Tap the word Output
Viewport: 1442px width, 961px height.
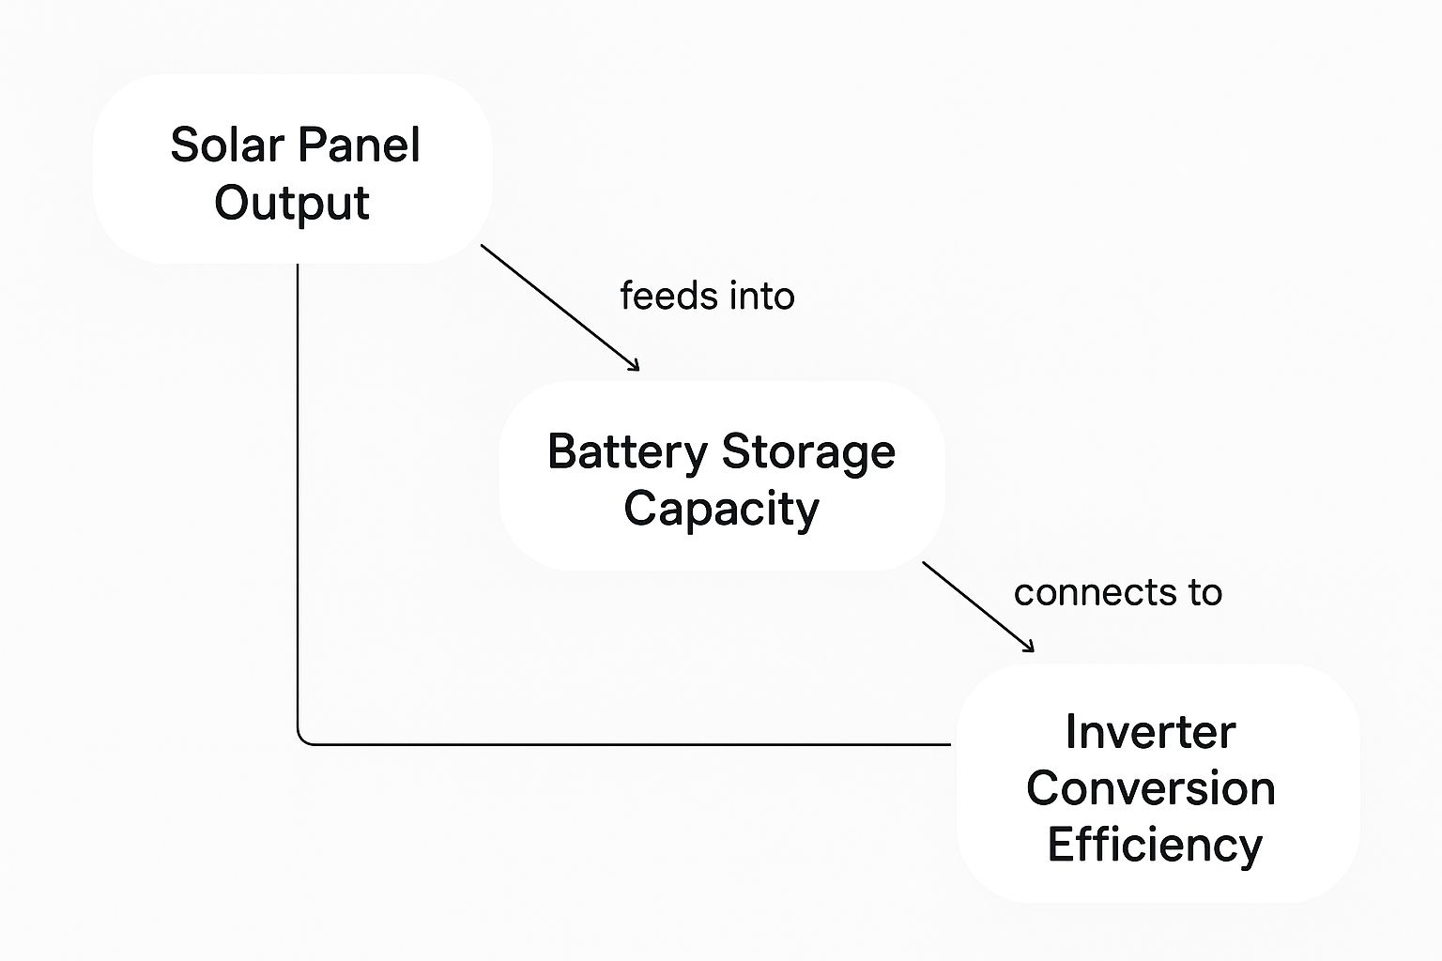pos(292,204)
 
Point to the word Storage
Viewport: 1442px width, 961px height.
pos(808,452)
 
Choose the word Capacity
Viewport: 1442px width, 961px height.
pos(721,510)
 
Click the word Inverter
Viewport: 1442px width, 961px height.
pos(1150,732)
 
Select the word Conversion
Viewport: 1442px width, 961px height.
pos(1150,787)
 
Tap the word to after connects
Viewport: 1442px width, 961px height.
pos(1204,593)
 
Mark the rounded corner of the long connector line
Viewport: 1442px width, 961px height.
pos(301,740)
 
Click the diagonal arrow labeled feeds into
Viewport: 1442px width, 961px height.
pos(559,307)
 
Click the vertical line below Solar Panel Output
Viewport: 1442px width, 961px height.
pos(298,497)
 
